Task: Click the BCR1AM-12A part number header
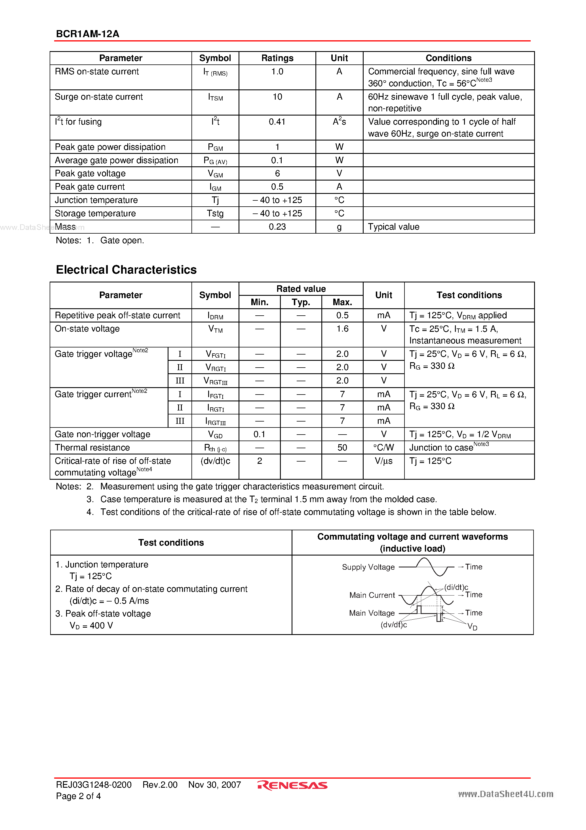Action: coord(87,34)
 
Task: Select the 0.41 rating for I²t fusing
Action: coord(277,122)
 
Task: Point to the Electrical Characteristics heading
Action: coord(126,270)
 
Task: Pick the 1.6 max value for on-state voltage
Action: coord(342,329)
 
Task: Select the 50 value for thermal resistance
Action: coord(342,448)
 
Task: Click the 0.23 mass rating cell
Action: coord(277,227)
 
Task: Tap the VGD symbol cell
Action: coord(215,435)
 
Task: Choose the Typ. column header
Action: coord(301,302)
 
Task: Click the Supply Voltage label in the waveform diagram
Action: coord(368,567)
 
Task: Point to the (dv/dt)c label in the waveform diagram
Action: coord(393,625)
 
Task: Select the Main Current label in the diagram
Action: coord(372,595)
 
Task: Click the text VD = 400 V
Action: coord(91,625)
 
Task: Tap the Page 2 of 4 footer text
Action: coord(78,796)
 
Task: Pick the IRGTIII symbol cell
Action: coord(215,421)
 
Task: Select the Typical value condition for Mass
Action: coord(393,227)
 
